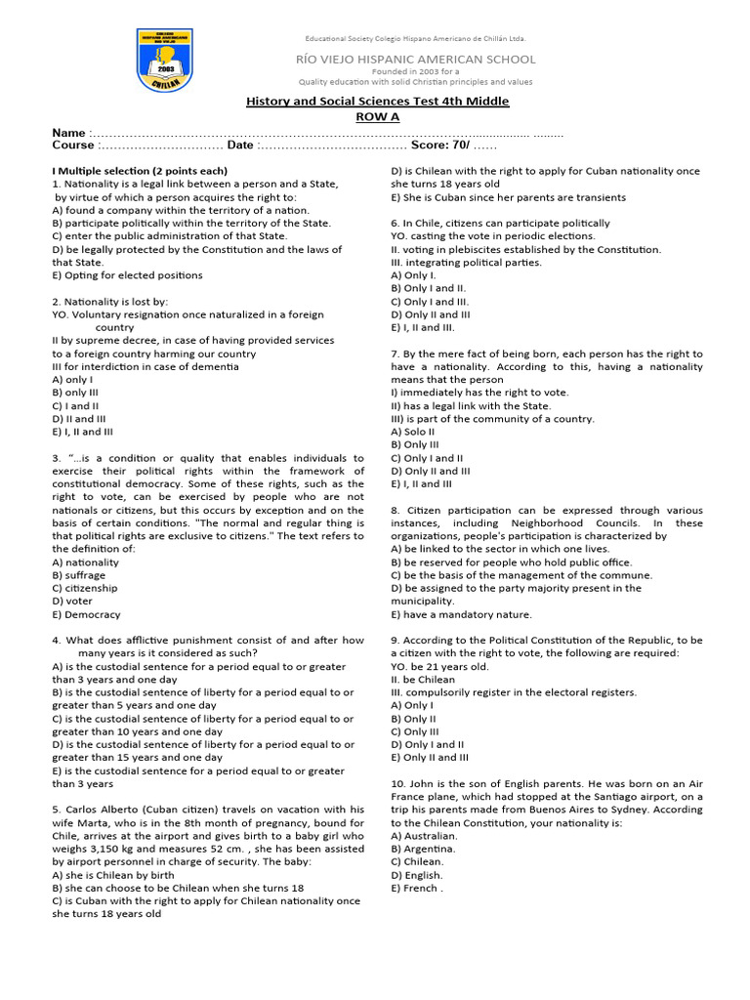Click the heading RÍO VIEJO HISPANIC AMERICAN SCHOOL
tap(417, 60)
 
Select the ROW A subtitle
tap(376, 116)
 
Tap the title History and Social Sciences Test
tap(376, 102)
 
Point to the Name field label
tap(69, 133)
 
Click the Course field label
tap(74, 146)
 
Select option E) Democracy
tap(86, 615)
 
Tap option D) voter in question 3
tap(74, 602)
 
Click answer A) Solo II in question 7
tap(412, 432)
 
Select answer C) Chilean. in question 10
tap(417, 862)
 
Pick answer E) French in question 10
tap(417, 889)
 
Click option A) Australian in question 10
tap(424, 836)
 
